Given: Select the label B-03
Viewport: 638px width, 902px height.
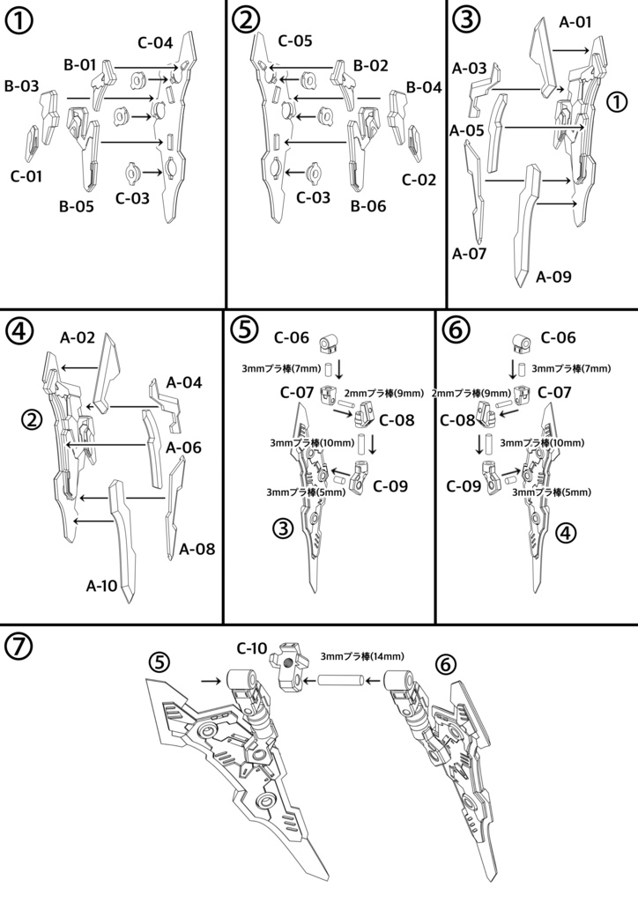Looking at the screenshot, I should [21, 85].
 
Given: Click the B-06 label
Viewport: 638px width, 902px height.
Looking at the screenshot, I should [368, 208].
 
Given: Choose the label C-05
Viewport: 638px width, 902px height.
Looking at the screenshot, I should [295, 41].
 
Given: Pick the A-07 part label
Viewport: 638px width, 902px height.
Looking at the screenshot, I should [469, 254].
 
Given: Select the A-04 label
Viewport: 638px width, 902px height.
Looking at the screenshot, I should [184, 382].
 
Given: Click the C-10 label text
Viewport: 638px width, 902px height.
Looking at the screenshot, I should [252, 649].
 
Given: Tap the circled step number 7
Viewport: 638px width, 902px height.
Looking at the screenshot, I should [19, 647].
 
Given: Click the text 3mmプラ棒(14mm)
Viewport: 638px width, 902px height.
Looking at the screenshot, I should [362, 656].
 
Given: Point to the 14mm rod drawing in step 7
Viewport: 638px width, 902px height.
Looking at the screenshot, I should [338, 680].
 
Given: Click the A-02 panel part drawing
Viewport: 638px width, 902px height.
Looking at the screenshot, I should [108, 370].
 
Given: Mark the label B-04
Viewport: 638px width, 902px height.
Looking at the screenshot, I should [424, 87].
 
